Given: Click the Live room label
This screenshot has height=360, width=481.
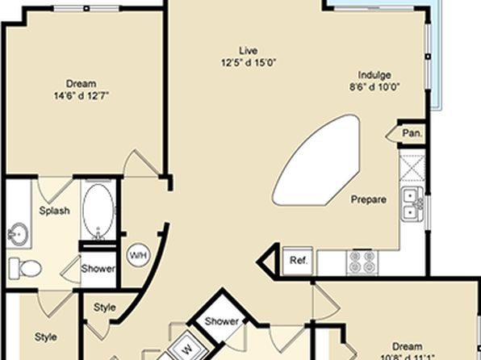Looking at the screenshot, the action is (x=249, y=50).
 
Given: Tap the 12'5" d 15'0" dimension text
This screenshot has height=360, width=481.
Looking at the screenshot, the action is (x=249, y=63).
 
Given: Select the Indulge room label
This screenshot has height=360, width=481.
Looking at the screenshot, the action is (x=374, y=75).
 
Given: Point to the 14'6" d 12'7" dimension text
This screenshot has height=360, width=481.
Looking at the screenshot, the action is (x=82, y=96).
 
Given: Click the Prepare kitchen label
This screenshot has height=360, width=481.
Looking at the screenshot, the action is (x=369, y=199).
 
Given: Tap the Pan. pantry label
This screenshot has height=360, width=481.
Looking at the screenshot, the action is (x=412, y=133).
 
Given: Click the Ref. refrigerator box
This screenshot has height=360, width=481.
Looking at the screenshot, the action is (x=298, y=261).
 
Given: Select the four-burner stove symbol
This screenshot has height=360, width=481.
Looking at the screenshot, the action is (x=362, y=262).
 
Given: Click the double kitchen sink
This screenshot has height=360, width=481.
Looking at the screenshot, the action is (x=412, y=203).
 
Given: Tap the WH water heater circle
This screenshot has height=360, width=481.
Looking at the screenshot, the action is (x=138, y=255).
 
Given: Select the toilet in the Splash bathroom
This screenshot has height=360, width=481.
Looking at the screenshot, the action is (x=25, y=268).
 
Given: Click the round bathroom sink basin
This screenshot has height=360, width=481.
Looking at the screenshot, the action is (x=18, y=235).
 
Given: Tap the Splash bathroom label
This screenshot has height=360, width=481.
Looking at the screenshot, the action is (x=54, y=211).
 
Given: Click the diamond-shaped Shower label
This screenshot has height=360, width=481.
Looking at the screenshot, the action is (x=222, y=321).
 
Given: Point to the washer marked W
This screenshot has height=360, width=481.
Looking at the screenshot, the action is (x=187, y=349).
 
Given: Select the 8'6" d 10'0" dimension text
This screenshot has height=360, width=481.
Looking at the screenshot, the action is (x=374, y=87).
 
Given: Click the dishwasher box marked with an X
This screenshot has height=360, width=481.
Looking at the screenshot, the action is (x=412, y=168).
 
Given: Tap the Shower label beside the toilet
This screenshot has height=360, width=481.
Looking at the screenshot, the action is (x=98, y=269).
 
